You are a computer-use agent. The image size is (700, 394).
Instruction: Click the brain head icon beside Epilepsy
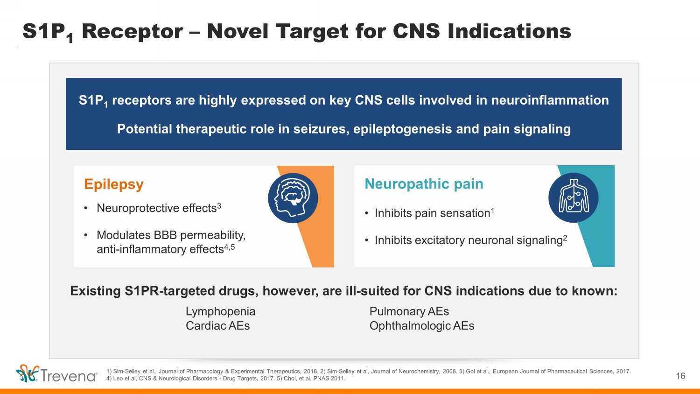pyautogui.click(x=293, y=198)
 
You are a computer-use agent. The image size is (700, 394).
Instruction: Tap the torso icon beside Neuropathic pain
pyautogui.click(x=574, y=197)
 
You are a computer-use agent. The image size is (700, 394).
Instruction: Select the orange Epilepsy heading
pyautogui.click(x=114, y=184)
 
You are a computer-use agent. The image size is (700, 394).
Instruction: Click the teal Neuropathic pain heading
pyautogui.click(x=424, y=184)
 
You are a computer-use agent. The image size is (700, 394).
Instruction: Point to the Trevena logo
pyautogui.click(x=56, y=374)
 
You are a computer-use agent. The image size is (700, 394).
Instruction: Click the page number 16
pyautogui.click(x=680, y=376)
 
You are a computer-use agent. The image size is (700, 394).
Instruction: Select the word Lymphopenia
pyautogui.click(x=220, y=311)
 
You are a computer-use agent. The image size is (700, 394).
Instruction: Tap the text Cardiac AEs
pyautogui.click(x=217, y=326)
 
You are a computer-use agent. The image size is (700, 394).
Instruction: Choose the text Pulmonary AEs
pyautogui.click(x=409, y=311)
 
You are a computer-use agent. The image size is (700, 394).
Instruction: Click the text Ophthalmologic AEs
pyautogui.click(x=421, y=326)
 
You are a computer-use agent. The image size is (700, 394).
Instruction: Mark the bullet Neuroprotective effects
pyautogui.click(x=156, y=208)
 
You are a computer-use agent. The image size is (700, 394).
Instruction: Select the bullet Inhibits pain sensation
pyautogui.click(x=432, y=213)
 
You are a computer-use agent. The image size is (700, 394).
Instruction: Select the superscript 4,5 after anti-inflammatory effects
pyautogui.click(x=230, y=247)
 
